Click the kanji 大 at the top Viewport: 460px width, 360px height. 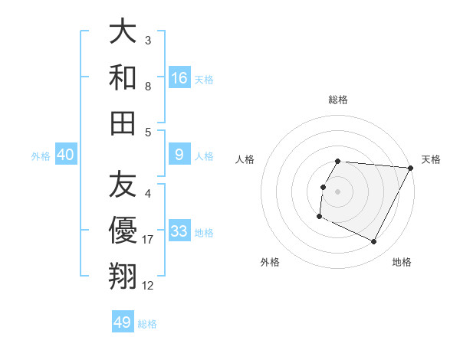pos(123,32)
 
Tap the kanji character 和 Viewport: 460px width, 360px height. pos(123,77)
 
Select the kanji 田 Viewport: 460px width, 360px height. pos(123,122)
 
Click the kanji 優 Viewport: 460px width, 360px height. pos(123,231)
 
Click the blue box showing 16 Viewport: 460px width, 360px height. pos(179,78)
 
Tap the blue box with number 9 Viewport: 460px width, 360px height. pos(179,155)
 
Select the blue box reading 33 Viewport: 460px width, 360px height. pos(179,231)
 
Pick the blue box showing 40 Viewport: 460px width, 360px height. pos(65,155)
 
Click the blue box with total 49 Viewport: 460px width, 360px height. pos(123,322)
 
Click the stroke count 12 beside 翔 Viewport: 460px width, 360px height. pos(148,286)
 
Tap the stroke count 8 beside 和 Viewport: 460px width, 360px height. pos(147,87)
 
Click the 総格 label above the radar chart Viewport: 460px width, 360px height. pos(338,100)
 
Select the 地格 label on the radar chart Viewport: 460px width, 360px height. pos(402,262)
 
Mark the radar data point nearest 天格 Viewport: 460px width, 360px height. pos(411,169)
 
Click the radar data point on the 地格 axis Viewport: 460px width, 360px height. pos(374,242)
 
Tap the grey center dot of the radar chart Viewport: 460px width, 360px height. pos(338,191)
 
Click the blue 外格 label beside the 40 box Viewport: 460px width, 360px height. pos(41,156)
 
